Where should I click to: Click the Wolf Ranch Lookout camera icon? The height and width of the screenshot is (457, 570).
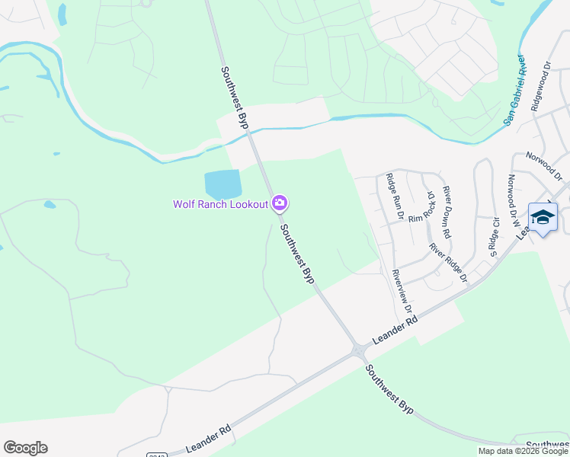click(x=280, y=203)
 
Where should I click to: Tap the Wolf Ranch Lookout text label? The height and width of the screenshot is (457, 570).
click(x=220, y=203)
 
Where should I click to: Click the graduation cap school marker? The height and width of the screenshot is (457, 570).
click(x=542, y=218)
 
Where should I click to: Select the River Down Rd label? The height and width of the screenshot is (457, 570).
click(x=447, y=209)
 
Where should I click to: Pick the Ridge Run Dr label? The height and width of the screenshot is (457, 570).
click(x=394, y=197)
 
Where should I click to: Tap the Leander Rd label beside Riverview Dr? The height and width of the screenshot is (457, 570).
click(x=395, y=332)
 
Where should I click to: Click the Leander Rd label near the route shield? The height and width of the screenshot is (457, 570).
click(x=208, y=439)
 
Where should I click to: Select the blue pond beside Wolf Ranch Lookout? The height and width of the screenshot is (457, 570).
click(x=223, y=184)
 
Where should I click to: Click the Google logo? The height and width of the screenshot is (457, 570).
click(x=25, y=448)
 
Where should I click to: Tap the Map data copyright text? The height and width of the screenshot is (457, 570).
click(x=524, y=451)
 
